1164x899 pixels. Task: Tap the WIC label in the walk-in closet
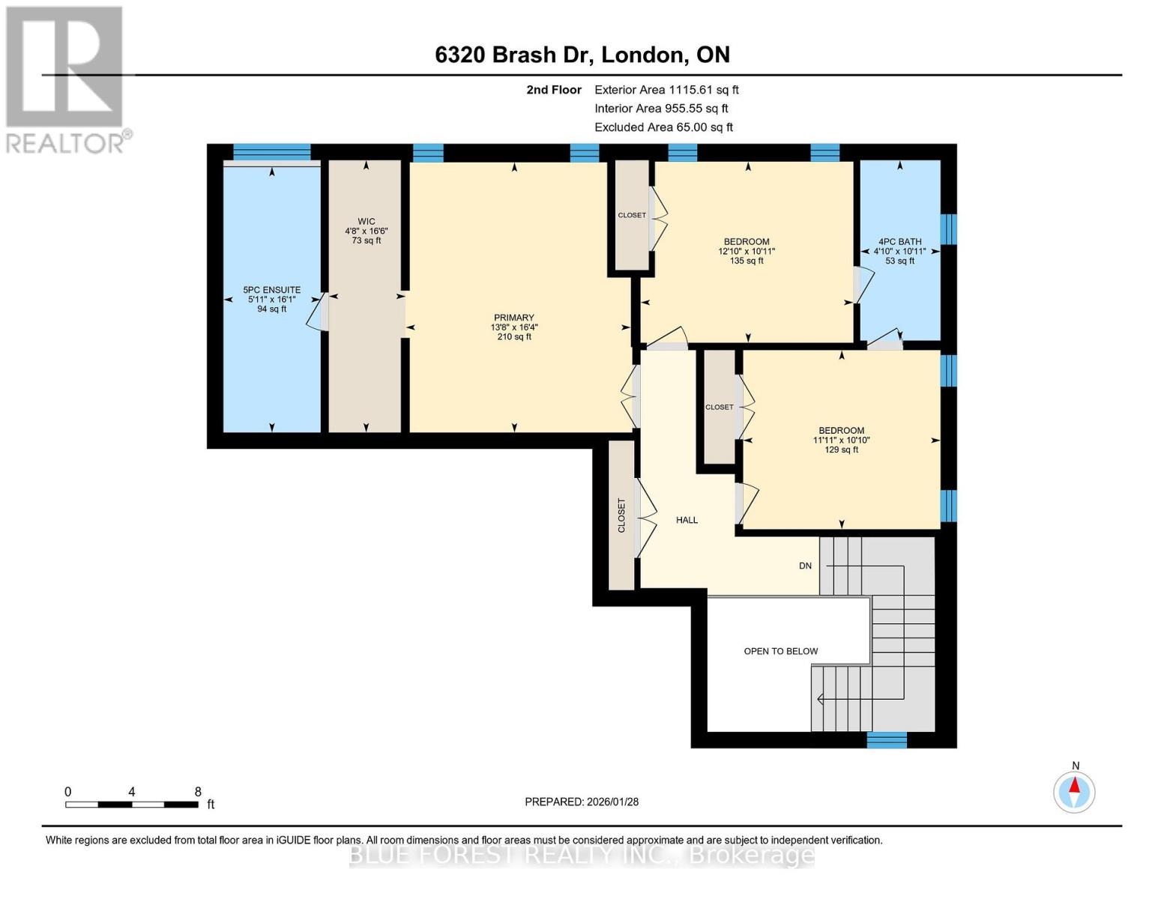tap(366, 221)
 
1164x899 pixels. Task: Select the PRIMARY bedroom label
tap(513, 318)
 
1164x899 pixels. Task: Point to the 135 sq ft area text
tap(747, 261)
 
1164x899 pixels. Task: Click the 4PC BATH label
tap(899, 242)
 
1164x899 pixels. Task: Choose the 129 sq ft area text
tap(841, 449)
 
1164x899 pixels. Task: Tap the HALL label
tap(687, 520)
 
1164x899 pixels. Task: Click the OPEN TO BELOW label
tap(780, 651)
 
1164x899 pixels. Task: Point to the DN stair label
tap(805, 566)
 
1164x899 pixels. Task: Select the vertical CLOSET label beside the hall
tap(621, 515)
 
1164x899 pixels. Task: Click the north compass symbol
tap(1074, 791)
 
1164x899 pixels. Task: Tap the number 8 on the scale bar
tap(198, 791)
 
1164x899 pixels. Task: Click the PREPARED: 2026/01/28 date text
tap(582, 802)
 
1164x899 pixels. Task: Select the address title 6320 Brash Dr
tap(582, 55)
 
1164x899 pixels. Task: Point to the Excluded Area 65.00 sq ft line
tap(663, 127)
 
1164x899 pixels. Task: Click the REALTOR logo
tap(65, 79)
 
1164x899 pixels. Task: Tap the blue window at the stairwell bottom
tap(887, 740)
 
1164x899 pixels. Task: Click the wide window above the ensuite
tap(271, 152)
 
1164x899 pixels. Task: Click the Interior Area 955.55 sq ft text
tap(661, 109)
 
